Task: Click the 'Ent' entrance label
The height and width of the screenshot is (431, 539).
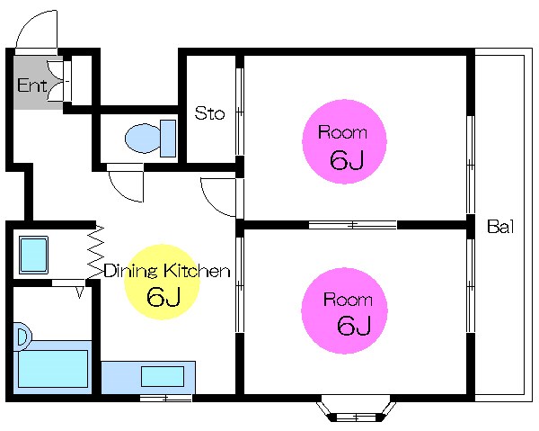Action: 32,85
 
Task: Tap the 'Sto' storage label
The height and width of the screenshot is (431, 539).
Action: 209,113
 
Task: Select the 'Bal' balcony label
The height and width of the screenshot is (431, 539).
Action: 500,227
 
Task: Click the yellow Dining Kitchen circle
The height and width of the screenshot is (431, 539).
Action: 162,282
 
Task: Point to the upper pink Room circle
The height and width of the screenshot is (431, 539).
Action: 344,141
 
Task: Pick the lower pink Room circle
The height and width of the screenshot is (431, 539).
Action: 344,310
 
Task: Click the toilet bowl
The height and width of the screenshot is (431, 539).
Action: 143,139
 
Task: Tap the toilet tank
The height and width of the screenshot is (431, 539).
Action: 168,139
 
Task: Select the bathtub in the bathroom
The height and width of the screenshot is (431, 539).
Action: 53,367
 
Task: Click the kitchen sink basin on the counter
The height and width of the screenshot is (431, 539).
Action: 163,376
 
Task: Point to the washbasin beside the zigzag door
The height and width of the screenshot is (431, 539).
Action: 33,255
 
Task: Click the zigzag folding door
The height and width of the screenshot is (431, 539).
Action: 95,252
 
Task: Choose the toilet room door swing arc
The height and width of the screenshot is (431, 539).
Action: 119,192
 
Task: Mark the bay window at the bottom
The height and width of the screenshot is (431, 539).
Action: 356,412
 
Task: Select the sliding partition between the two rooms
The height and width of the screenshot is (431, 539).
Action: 353,225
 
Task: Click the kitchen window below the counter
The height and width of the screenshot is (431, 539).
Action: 165,399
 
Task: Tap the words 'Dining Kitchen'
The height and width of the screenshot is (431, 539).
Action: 167,271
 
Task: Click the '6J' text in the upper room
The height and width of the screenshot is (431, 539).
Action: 347,160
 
